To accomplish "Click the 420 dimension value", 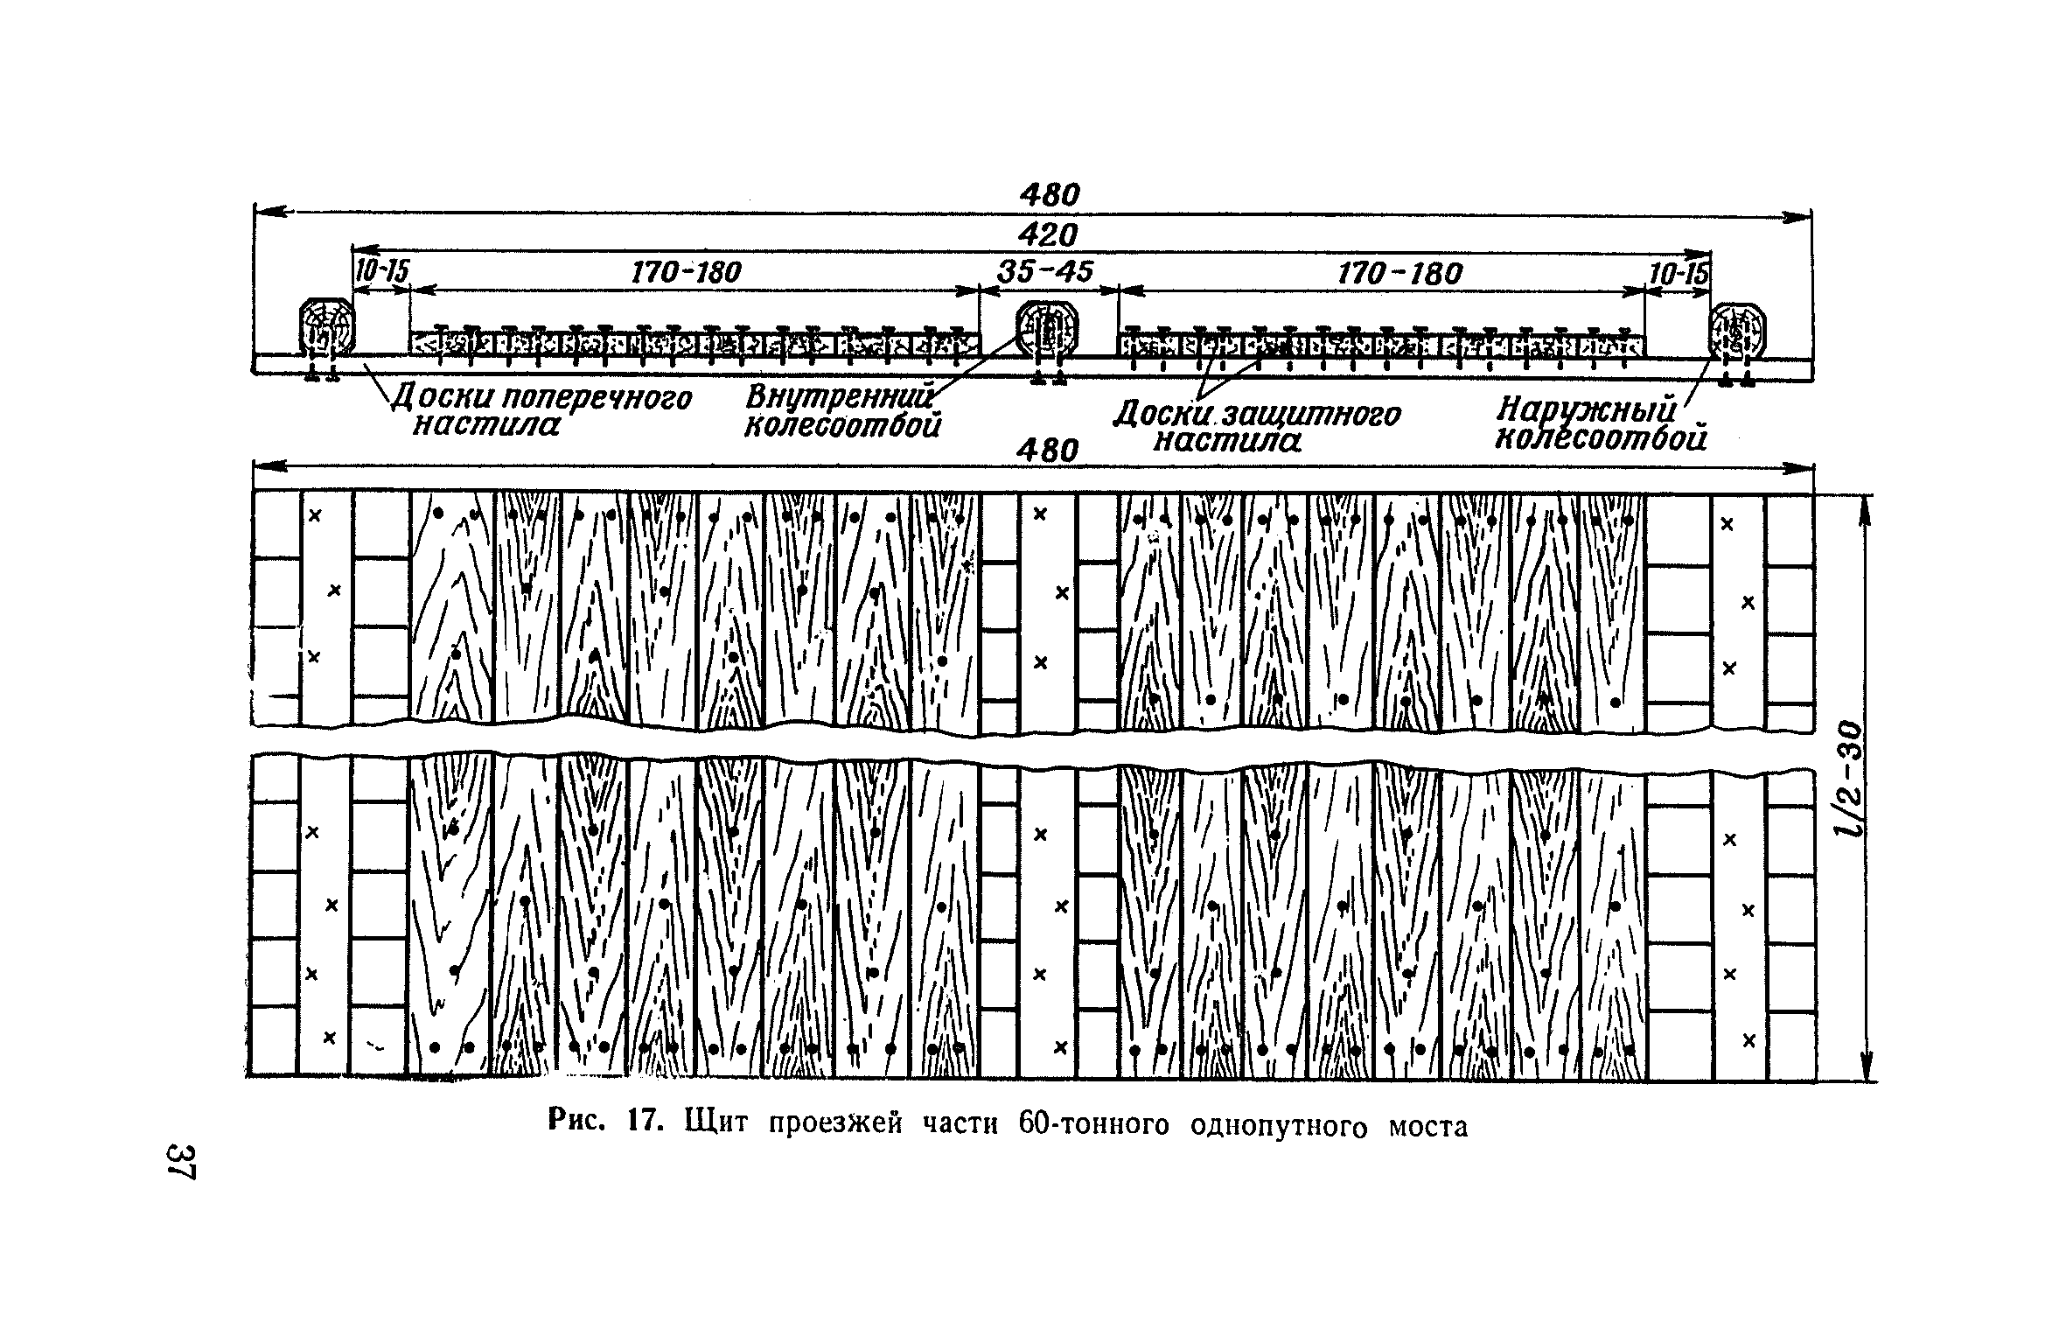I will click(1050, 235).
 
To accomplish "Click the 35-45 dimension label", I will click(1045, 272).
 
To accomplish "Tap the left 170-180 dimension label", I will click(686, 274).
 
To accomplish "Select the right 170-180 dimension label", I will click(1399, 274).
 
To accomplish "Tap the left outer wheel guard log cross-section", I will click(326, 329).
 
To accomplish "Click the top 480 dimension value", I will click(1050, 194).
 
